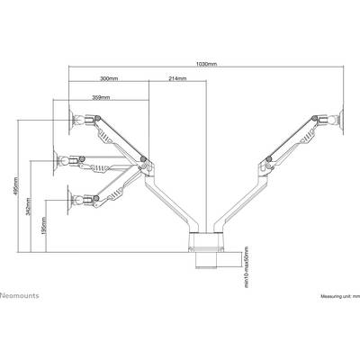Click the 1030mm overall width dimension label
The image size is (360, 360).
point(206,64)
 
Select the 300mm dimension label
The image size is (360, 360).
point(109,79)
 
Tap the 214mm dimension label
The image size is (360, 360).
point(177,79)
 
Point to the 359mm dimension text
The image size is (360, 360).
point(101,97)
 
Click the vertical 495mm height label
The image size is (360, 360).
point(16,185)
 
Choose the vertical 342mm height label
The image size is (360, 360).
point(28,207)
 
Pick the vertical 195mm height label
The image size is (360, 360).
point(44,226)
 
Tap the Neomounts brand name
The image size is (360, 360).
point(20,295)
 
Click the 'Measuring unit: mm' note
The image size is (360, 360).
point(340,296)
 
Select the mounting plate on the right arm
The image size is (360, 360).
point(341,120)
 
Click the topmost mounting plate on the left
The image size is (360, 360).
point(71,120)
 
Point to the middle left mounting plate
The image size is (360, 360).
point(55,161)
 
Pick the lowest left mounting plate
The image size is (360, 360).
point(68,200)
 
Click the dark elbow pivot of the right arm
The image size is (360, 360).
point(268,158)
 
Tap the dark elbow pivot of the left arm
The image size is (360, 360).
point(143,158)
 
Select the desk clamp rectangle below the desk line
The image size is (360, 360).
point(219,259)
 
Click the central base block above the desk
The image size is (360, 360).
point(206,241)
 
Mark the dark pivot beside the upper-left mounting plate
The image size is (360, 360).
point(96,118)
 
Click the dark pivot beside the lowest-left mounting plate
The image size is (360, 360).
point(96,198)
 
